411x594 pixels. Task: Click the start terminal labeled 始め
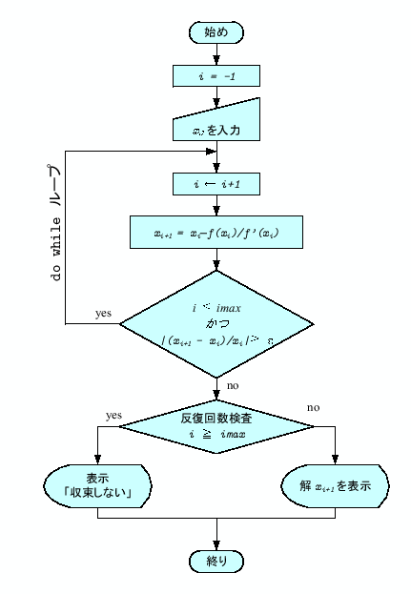coord(217,32)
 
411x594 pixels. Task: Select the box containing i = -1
coord(217,74)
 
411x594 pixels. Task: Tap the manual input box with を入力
coord(217,124)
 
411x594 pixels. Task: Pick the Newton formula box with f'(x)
coord(217,231)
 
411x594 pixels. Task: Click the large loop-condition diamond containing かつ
coord(217,324)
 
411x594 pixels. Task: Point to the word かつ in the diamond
coord(217,324)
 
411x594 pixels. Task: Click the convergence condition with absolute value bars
coord(217,340)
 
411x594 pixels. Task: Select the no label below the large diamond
coord(233,385)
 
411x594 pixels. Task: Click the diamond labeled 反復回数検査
coord(217,426)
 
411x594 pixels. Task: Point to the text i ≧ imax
coord(217,435)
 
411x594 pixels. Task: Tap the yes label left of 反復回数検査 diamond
coord(113,416)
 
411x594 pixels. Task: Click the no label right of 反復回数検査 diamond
coord(313,407)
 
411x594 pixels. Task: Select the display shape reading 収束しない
coord(98,485)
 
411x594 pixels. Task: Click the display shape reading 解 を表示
coord(335,485)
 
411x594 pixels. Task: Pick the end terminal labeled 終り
coord(217,561)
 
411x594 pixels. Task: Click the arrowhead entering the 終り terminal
coord(217,546)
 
